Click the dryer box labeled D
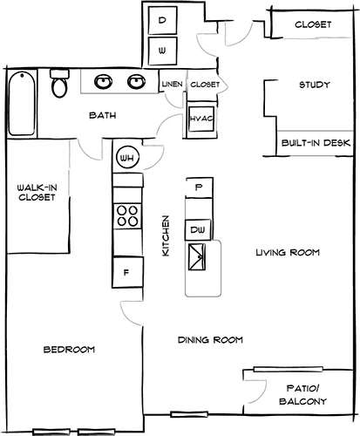(x=162, y=19)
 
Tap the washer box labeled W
(x=162, y=51)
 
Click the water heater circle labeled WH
(x=127, y=158)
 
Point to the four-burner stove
(x=127, y=215)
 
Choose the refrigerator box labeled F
(x=127, y=272)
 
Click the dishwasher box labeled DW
(x=199, y=228)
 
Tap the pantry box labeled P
(x=199, y=187)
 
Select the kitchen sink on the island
(x=199, y=258)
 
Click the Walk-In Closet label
(x=36, y=192)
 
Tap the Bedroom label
(x=68, y=350)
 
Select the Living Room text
(x=287, y=253)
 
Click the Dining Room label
(x=209, y=340)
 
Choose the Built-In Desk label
(x=314, y=142)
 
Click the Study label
(x=313, y=85)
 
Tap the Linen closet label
(x=171, y=85)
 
